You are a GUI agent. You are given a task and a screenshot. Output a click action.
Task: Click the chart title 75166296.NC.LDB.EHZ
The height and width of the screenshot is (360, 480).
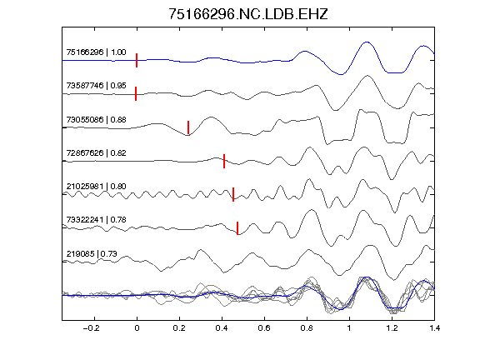pyautogui.click(x=248, y=14)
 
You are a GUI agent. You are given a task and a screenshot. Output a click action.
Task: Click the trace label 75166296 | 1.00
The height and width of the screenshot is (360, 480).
pyautogui.click(x=96, y=52)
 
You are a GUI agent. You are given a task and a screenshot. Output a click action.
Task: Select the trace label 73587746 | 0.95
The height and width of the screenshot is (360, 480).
pyautogui.click(x=96, y=85)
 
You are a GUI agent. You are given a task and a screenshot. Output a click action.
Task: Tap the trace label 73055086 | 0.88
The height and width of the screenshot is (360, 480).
pyautogui.click(x=96, y=119)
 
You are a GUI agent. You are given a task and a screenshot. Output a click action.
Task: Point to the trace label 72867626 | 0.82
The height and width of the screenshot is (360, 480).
pyautogui.click(x=96, y=152)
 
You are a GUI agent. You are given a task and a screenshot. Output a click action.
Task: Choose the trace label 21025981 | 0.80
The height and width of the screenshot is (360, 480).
pyautogui.click(x=96, y=186)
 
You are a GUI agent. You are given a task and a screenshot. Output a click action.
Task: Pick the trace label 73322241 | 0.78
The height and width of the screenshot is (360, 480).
pyautogui.click(x=96, y=219)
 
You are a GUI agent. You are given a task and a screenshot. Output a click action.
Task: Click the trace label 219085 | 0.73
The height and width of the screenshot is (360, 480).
pyautogui.click(x=92, y=253)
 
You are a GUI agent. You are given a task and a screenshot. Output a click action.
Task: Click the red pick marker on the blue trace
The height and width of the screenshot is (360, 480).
pyautogui.click(x=137, y=60)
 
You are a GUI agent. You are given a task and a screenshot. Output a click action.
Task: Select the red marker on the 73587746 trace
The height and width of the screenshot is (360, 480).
pyautogui.click(x=136, y=93)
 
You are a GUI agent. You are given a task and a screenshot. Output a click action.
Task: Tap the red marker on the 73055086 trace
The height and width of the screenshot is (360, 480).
pyautogui.click(x=188, y=127)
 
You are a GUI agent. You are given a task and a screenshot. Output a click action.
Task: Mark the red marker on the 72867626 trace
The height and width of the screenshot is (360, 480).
pyautogui.click(x=224, y=161)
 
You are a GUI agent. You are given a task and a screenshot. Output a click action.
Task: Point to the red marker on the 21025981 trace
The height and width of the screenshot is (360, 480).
pyautogui.click(x=233, y=194)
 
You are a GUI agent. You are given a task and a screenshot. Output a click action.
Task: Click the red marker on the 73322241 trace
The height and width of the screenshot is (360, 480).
pyautogui.click(x=237, y=228)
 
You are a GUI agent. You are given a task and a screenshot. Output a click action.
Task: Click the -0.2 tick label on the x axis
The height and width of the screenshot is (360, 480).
pyautogui.click(x=91, y=328)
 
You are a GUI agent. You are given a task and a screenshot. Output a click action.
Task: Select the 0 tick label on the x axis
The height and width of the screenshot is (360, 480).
pyautogui.click(x=137, y=328)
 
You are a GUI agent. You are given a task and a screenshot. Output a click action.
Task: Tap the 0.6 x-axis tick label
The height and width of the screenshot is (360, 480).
pyautogui.click(x=264, y=328)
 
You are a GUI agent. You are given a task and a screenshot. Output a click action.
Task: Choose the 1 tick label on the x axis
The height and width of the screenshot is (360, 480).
pyautogui.click(x=349, y=328)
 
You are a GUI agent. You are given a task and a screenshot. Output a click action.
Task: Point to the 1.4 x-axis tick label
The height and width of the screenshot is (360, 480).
pyautogui.click(x=434, y=328)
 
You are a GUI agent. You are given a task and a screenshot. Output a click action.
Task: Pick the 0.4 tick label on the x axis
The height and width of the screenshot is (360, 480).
pyautogui.click(x=222, y=328)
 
